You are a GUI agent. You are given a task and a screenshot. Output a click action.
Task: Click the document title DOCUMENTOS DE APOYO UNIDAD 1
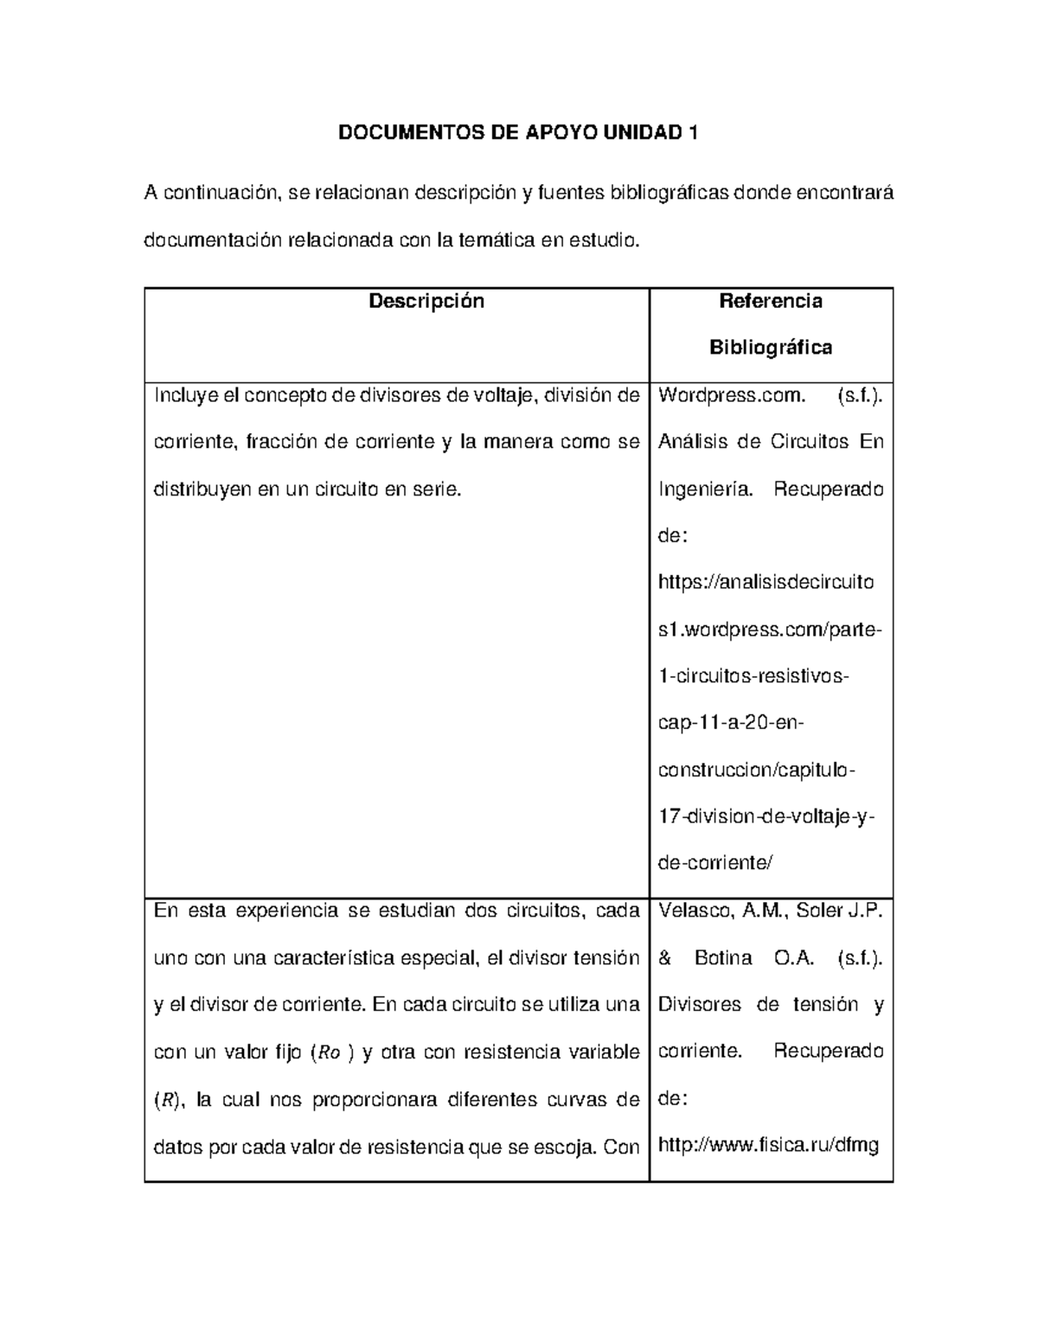point(517,132)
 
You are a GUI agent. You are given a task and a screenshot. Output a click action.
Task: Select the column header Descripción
point(426,301)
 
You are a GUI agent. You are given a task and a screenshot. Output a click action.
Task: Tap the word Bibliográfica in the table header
point(771,348)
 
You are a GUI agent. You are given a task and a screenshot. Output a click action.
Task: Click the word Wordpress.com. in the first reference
point(732,396)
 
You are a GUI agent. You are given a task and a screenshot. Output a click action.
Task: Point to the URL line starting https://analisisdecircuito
point(766,582)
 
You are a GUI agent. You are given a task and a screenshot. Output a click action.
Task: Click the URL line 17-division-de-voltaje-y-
point(766,816)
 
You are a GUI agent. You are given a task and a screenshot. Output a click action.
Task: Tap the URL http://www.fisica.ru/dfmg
point(768,1146)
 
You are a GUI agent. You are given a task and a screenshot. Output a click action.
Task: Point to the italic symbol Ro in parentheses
point(330,1053)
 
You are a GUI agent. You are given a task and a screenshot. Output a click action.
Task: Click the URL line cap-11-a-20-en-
point(731,723)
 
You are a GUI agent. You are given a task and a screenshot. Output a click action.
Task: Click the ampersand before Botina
point(665,958)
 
